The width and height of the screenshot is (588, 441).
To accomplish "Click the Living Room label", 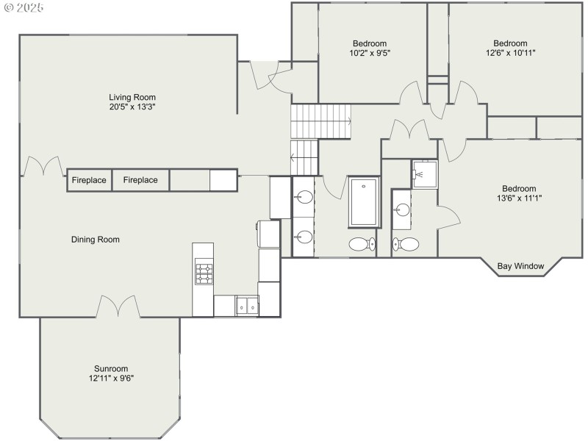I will pyautogui.click(x=132, y=97).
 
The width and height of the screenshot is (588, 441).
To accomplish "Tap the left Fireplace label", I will pyautogui.click(x=89, y=180).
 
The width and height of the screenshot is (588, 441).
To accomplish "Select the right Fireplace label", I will pyautogui.click(x=140, y=180).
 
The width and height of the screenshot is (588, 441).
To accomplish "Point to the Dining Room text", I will pyautogui.click(x=96, y=240).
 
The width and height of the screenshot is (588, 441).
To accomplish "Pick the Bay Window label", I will pyautogui.click(x=520, y=266).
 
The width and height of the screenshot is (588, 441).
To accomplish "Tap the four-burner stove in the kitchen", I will pyautogui.click(x=203, y=274).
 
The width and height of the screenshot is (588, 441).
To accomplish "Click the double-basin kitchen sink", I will pyautogui.click(x=246, y=305).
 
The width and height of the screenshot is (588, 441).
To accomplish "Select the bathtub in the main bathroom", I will pyautogui.click(x=363, y=202).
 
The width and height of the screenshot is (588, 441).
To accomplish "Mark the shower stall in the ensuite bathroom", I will pyautogui.click(x=424, y=174).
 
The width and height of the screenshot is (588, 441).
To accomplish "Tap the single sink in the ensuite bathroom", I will pyautogui.click(x=401, y=210).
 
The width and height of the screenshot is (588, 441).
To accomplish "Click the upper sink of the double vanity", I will pyautogui.click(x=304, y=197).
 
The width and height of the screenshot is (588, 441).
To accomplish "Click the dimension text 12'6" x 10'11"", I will pyautogui.click(x=510, y=53).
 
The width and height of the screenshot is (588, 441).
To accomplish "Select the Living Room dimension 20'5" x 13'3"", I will pyautogui.click(x=132, y=107).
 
